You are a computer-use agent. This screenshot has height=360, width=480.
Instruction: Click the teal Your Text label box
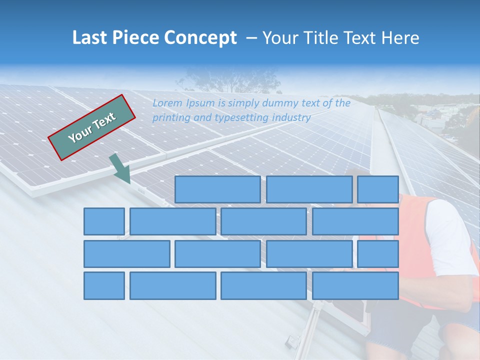click(x=92, y=127)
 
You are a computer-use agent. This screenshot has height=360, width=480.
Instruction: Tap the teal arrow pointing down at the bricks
click(x=120, y=169)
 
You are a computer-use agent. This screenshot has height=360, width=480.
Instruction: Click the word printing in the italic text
click(x=170, y=118)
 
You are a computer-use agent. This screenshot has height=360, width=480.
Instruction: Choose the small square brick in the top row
click(x=377, y=189)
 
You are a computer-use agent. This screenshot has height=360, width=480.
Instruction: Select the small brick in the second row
click(x=104, y=221)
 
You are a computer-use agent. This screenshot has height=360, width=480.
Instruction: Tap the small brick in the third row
click(x=377, y=254)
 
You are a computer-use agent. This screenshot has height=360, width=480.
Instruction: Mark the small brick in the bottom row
click(x=104, y=286)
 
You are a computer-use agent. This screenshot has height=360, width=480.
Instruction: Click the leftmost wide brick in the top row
click(x=217, y=189)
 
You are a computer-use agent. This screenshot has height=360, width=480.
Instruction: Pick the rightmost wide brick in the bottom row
click(x=355, y=286)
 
